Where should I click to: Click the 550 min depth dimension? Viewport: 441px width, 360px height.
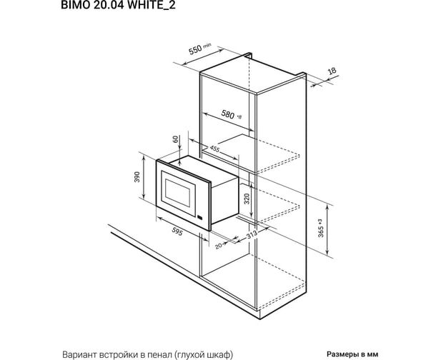click(x=199, y=49)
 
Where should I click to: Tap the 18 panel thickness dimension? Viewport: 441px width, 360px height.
click(x=332, y=71)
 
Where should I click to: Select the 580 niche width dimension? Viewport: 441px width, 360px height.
click(x=231, y=115)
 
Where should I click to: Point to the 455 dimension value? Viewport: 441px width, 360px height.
click(x=214, y=149)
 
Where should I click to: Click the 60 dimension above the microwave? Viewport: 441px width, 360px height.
click(x=176, y=139)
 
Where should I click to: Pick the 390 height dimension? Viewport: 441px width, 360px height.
click(x=137, y=176)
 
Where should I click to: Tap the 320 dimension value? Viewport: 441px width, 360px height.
click(x=247, y=199)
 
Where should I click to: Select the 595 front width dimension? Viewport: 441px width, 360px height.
click(x=177, y=231)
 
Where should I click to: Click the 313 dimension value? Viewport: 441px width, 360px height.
click(x=252, y=234)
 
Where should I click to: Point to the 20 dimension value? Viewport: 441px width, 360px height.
click(x=219, y=246)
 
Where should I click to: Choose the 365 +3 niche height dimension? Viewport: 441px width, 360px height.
click(x=321, y=228)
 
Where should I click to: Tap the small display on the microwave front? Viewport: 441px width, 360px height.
click(x=200, y=217)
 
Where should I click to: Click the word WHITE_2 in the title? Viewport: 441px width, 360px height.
click(x=152, y=5)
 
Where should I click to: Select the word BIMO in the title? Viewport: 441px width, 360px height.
click(x=75, y=5)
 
